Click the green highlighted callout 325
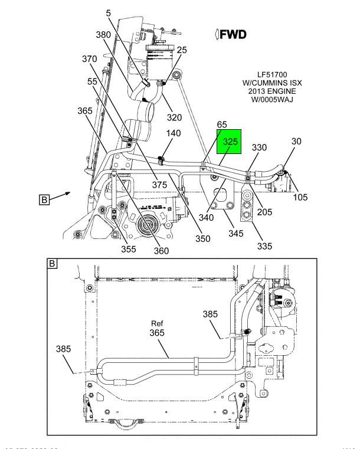click(230, 142)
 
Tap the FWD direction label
click(231, 35)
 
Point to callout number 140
click(156, 133)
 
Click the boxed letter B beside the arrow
click(44, 199)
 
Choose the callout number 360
click(161, 250)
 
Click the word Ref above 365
click(156, 323)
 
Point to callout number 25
click(181, 50)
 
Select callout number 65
click(222, 124)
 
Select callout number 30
click(296, 141)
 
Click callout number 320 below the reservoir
click(174, 117)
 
